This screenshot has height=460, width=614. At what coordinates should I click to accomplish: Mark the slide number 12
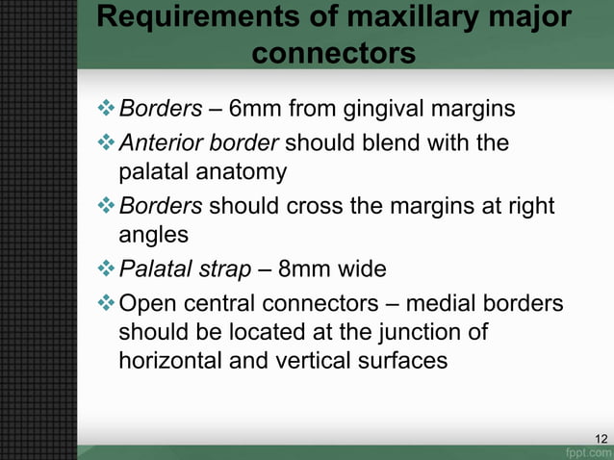pos(601,439)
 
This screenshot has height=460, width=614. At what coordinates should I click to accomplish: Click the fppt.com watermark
pos(588,451)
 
